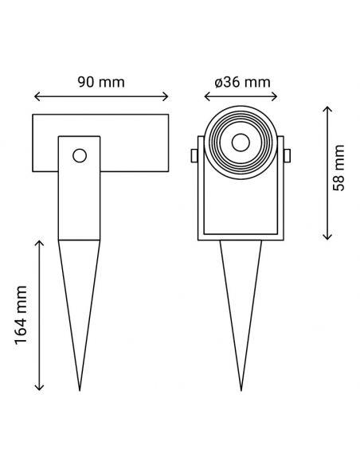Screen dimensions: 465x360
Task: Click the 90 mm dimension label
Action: coord(100,81)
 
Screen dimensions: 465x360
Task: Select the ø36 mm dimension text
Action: coord(242,81)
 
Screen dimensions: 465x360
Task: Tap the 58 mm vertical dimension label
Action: coord(338,169)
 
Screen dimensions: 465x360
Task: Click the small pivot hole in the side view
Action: coord(79,154)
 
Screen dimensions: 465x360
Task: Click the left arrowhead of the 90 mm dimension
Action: coord(36,98)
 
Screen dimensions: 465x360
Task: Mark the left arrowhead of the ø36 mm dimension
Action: coord(207,98)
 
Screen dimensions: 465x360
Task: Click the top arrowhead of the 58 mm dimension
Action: coord(327,108)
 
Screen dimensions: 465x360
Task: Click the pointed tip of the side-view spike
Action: coord(80,389)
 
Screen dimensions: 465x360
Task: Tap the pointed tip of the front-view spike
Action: coord(240,389)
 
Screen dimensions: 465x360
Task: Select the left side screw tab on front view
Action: coord(194,155)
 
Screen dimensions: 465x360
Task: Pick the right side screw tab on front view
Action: coord(287,155)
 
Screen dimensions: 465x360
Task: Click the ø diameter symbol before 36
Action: coord(219,82)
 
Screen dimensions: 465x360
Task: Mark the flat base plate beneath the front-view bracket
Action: coord(240,236)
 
